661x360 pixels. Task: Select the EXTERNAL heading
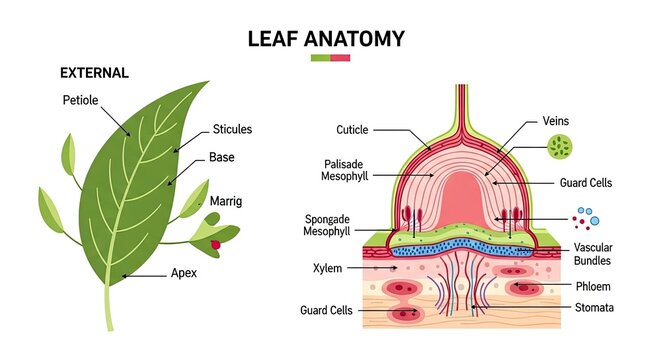(x=94, y=73)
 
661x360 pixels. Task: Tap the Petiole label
(x=80, y=100)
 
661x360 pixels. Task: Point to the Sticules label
(x=232, y=129)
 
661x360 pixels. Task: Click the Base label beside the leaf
(x=222, y=157)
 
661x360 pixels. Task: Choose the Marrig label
(x=226, y=201)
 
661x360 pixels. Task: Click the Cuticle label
(x=352, y=129)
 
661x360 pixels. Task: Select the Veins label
(x=555, y=120)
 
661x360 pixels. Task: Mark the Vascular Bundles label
(x=592, y=254)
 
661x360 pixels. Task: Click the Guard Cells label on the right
(x=586, y=183)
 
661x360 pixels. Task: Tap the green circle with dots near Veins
(x=561, y=148)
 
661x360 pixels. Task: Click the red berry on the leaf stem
(x=214, y=244)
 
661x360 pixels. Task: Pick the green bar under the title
(x=320, y=58)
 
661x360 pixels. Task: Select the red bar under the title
(x=340, y=58)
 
